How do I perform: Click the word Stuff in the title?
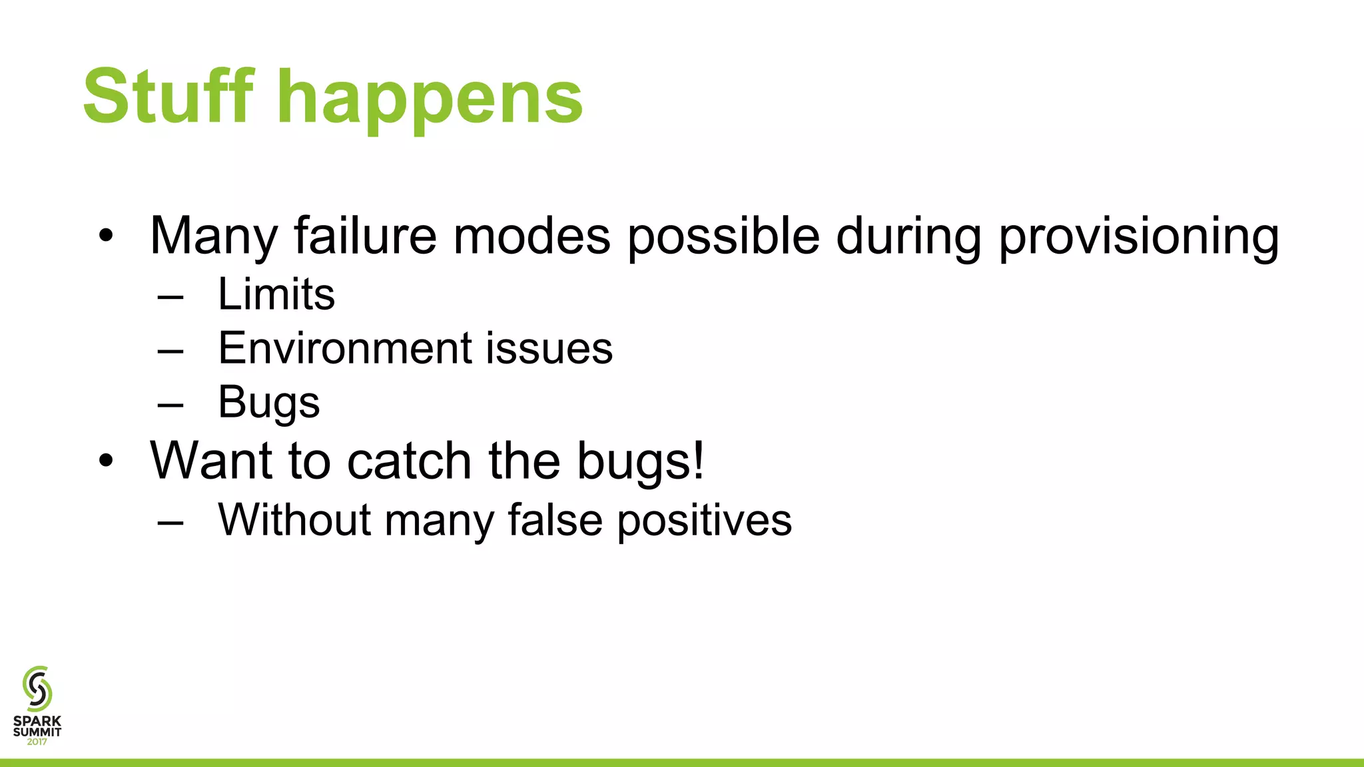click(x=168, y=97)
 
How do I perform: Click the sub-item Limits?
click(x=276, y=294)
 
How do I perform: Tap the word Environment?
click(x=345, y=348)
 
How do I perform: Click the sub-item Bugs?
click(x=268, y=403)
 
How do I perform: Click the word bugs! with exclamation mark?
click(x=639, y=461)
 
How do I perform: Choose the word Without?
click(x=294, y=519)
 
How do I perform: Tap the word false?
click(x=555, y=519)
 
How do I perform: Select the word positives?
click(x=704, y=521)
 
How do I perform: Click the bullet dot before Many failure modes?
click(x=106, y=236)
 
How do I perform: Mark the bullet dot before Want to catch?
click(x=106, y=461)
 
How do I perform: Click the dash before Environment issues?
click(x=170, y=349)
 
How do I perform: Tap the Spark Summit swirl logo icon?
click(x=37, y=688)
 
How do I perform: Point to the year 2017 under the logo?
click(x=37, y=742)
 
